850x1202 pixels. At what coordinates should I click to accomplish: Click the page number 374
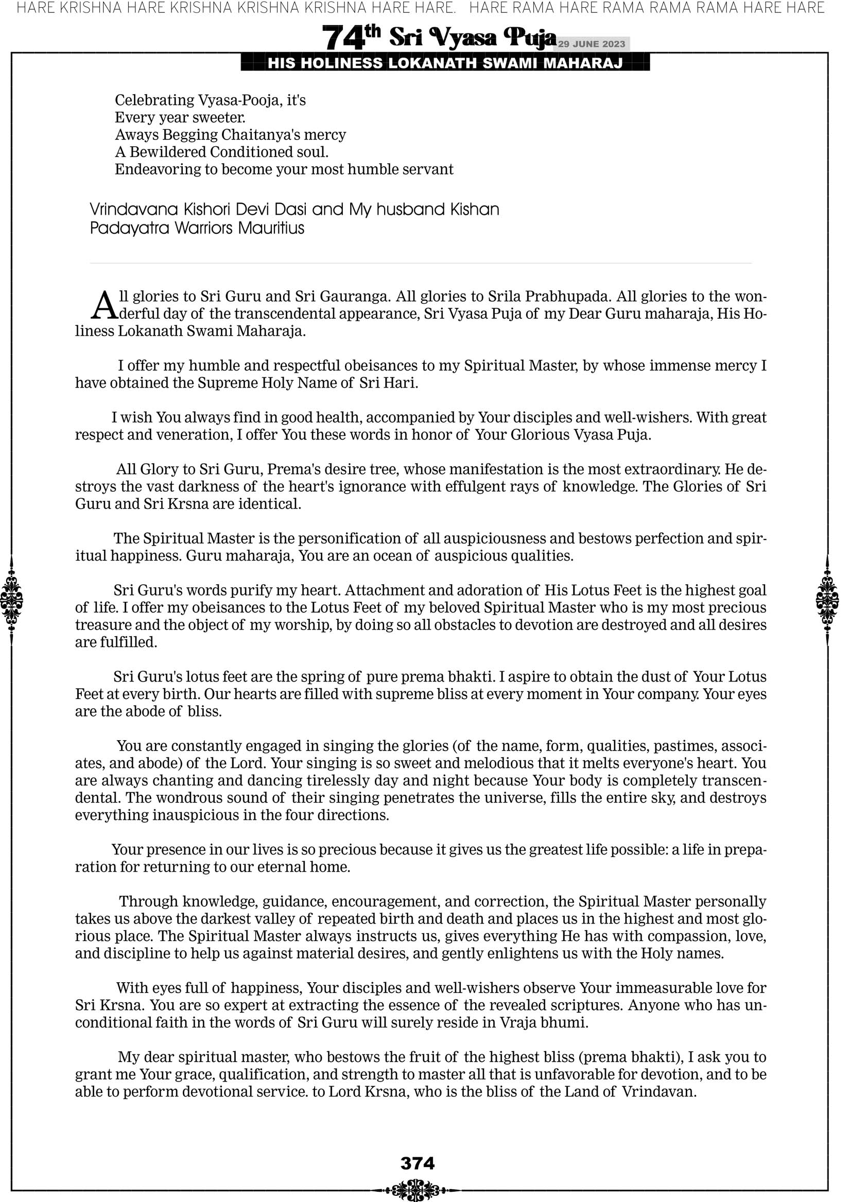click(x=418, y=1163)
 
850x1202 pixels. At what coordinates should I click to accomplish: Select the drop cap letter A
click(x=104, y=305)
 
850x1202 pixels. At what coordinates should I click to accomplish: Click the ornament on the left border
click(x=11, y=600)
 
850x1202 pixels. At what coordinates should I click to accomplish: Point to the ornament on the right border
click(x=827, y=600)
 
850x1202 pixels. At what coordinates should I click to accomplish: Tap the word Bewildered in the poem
click(x=168, y=152)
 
